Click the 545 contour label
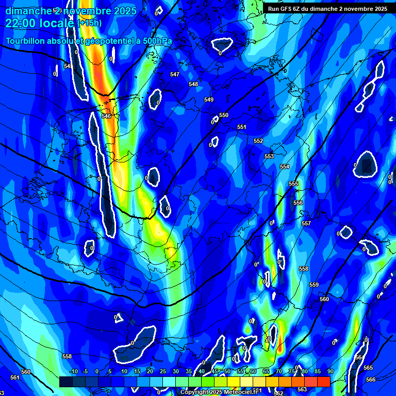(68, 66)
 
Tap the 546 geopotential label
(106, 116)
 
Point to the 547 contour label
(175, 74)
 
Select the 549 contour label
(209, 100)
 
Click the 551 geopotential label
(242, 127)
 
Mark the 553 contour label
(269, 156)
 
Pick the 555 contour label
(293, 184)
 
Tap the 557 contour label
(306, 223)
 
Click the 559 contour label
(314, 285)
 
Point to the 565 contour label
(368, 368)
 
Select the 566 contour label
(371, 379)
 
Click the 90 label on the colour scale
(330, 371)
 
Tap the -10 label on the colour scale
(73, 371)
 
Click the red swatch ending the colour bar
(323, 382)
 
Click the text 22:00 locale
(40, 23)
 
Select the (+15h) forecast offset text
(89, 23)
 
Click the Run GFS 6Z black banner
(327, 9)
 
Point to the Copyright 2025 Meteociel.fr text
(219, 392)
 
